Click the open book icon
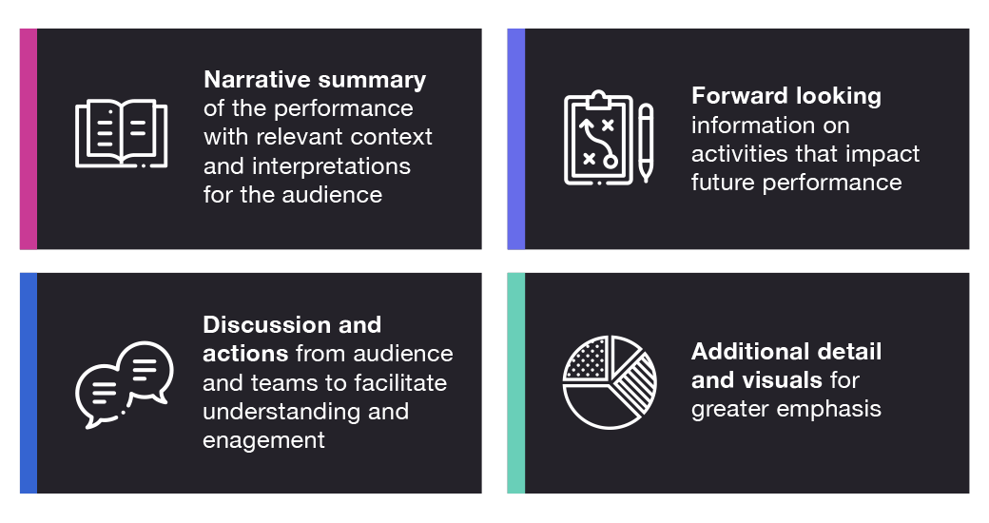tap(121, 134)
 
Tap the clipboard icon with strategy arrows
tap(598, 139)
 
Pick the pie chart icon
tap(610, 381)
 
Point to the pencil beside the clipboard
tap(646, 143)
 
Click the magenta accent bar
tap(29, 139)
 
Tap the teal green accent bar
tap(515, 383)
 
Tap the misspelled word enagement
tap(263, 440)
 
